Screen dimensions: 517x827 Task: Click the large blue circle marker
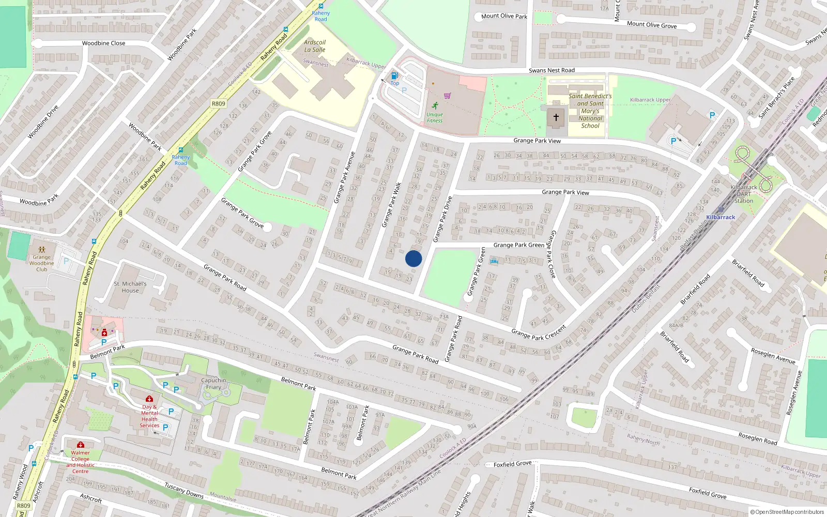413,258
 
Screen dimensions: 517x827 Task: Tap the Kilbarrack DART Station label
744,194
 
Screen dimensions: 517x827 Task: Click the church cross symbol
556,117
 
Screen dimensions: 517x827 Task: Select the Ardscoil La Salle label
315,46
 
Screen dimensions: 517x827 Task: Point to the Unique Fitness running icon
435,105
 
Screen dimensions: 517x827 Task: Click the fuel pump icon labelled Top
395,75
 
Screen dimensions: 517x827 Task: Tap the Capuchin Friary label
213,384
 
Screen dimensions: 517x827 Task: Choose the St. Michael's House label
130,287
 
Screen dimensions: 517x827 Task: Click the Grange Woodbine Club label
42,263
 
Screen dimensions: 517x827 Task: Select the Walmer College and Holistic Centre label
80,462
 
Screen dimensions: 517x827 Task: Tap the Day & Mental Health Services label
149,416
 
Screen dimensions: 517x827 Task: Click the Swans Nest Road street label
552,70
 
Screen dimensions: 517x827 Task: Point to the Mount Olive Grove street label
651,25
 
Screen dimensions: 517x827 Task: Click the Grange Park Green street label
518,245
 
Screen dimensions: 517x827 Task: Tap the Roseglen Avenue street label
773,356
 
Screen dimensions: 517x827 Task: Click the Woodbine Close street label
103,43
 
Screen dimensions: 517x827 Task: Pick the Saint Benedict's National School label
590,111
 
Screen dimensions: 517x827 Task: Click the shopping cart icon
447,95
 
